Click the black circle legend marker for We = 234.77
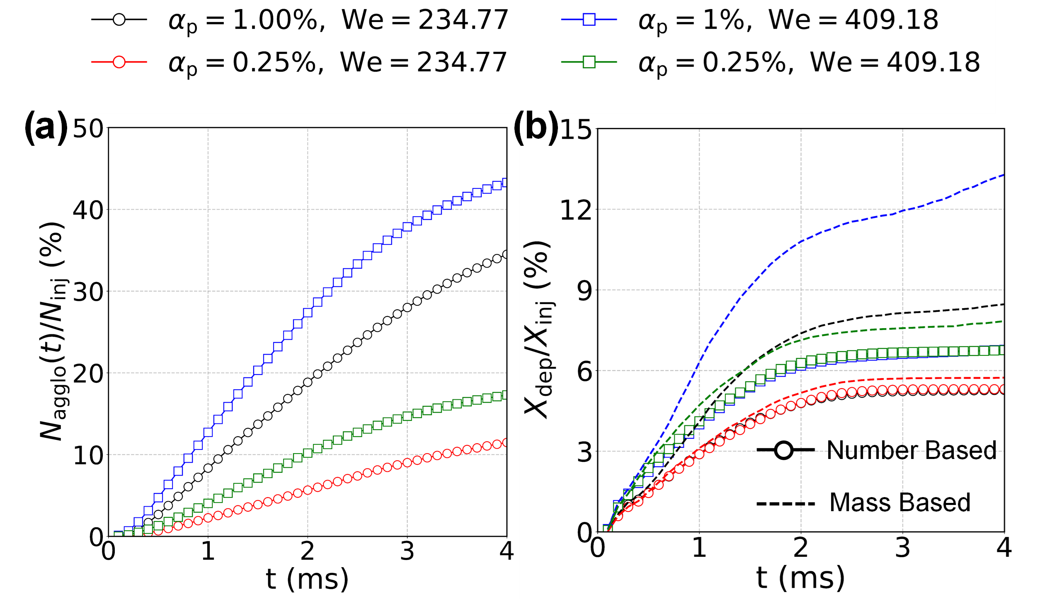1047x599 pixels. [x=119, y=19]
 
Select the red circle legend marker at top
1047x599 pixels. [x=119, y=62]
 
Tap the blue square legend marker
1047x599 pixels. [x=589, y=19]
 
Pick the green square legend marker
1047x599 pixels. [x=589, y=62]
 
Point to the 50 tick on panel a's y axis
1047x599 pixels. [x=88, y=129]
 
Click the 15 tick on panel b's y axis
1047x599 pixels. [x=575, y=130]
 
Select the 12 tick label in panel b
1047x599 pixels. [x=575, y=210]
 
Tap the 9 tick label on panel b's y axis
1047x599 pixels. [x=584, y=291]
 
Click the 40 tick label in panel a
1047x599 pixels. [x=88, y=210]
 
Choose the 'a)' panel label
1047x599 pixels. [x=51, y=128]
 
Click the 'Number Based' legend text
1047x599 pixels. [x=911, y=450]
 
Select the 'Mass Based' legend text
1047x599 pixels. [x=900, y=503]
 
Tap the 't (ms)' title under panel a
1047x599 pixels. [x=307, y=579]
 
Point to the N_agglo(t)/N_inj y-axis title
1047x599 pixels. [x=53, y=331]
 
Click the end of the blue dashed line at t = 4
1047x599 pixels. [x=1003, y=175]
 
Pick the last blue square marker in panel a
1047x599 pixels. [x=505, y=183]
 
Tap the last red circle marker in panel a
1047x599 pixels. [x=505, y=443]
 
